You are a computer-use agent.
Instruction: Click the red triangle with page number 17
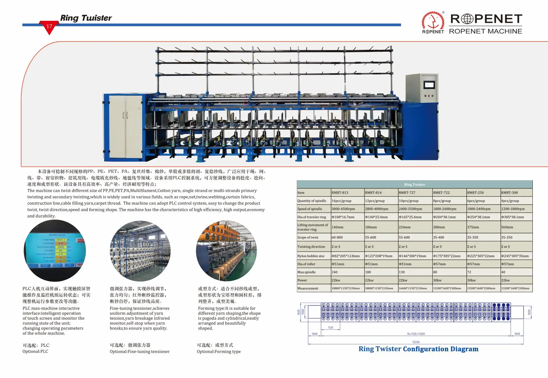click(x=49, y=27)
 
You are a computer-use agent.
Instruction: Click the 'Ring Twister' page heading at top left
click(x=86, y=18)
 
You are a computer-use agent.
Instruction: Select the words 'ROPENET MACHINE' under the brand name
click(x=486, y=31)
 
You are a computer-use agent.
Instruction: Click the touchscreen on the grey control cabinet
click(x=429, y=85)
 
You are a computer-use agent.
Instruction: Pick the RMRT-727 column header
click(x=407, y=193)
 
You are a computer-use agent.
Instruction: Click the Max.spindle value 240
click(x=335, y=272)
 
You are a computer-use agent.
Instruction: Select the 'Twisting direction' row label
click(x=311, y=247)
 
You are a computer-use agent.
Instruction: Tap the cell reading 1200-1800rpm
click(x=513, y=209)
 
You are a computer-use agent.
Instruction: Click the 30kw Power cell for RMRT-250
click(x=471, y=280)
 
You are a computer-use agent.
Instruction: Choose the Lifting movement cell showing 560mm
click(x=507, y=227)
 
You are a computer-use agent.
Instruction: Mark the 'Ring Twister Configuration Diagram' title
click(x=418, y=349)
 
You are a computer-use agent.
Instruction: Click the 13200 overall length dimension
click(x=416, y=342)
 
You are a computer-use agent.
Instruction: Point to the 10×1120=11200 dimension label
click(x=416, y=334)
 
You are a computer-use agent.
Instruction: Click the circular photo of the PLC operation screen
click(x=55, y=251)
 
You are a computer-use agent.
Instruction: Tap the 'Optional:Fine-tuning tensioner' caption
click(x=139, y=352)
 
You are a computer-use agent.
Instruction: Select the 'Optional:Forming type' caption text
click(x=219, y=352)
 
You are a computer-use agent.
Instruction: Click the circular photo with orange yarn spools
click(x=226, y=251)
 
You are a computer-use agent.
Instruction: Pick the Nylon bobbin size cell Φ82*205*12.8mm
click(x=346, y=256)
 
